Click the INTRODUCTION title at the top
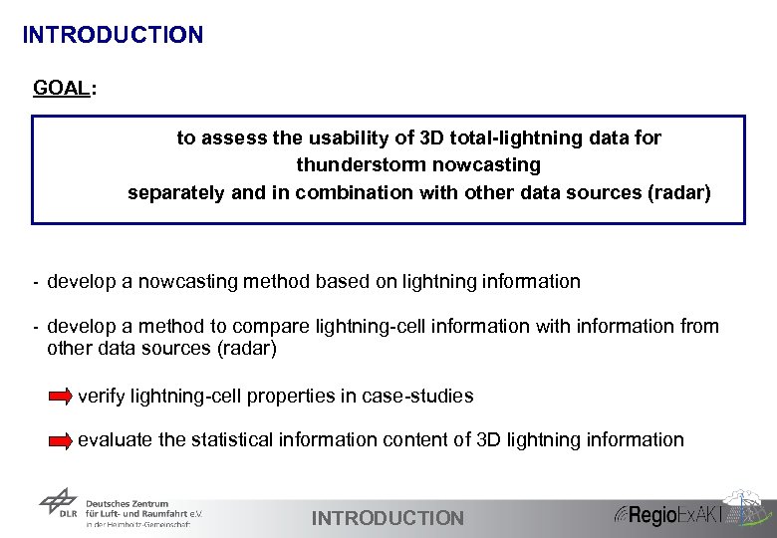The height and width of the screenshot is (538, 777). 113,35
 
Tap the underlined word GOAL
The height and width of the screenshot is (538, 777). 61,88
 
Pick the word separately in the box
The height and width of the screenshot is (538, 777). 176,192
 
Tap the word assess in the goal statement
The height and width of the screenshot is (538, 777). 233,137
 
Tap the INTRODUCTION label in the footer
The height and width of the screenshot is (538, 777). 388,518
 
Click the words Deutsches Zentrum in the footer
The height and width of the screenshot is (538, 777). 128,504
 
